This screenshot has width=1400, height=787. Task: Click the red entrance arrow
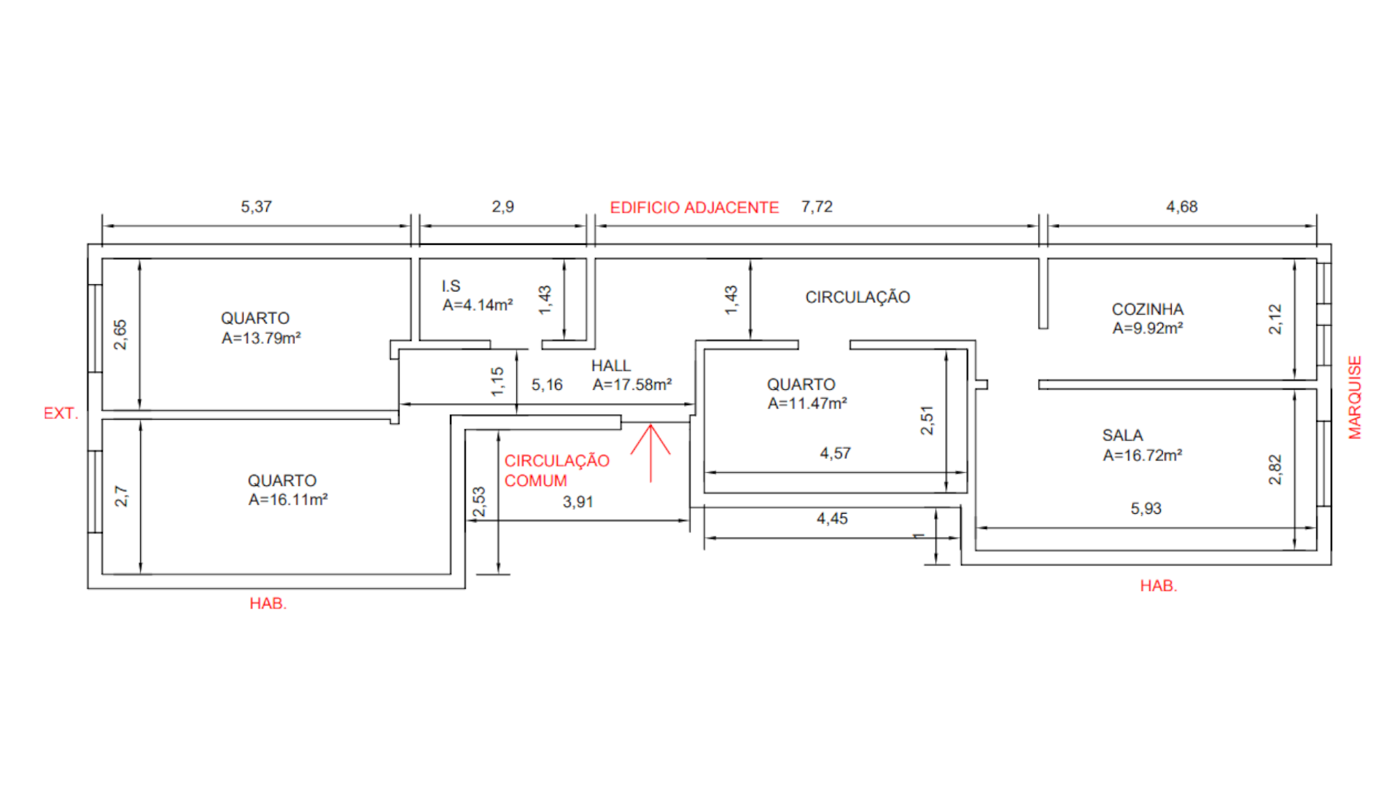tap(650, 452)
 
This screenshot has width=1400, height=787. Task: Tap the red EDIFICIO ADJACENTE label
tap(694, 208)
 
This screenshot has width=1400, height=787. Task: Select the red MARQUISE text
tap(1355, 397)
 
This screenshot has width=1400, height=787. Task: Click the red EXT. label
tap(61, 413)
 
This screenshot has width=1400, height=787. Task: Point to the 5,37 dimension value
tap(256, 207)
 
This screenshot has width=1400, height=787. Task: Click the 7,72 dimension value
tap(817, 207)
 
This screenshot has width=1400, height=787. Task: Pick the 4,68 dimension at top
tap(1181, 207)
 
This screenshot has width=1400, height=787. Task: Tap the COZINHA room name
tap(1147, 310)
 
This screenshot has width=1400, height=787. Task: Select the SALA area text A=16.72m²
tap(1142, 455)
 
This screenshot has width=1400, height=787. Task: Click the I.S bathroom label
tap(451, 286)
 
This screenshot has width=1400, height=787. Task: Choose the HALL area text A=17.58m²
tap(631, 385)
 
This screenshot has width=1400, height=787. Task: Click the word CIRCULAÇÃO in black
tap(857, 297)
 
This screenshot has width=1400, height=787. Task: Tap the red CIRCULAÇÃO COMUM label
tap(556, 471)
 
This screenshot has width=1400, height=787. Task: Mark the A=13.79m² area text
tap(261, 338)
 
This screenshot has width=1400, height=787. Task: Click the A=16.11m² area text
tap(287, 500)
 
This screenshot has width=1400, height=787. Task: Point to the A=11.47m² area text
tap(806, 403)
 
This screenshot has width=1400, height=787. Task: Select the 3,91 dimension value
tap(577, 502)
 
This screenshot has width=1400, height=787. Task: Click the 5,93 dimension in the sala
tap(1146, 509)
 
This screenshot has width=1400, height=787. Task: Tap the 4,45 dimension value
tap(832, 519)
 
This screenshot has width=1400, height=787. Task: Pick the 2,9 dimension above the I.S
tap(502, 207)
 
